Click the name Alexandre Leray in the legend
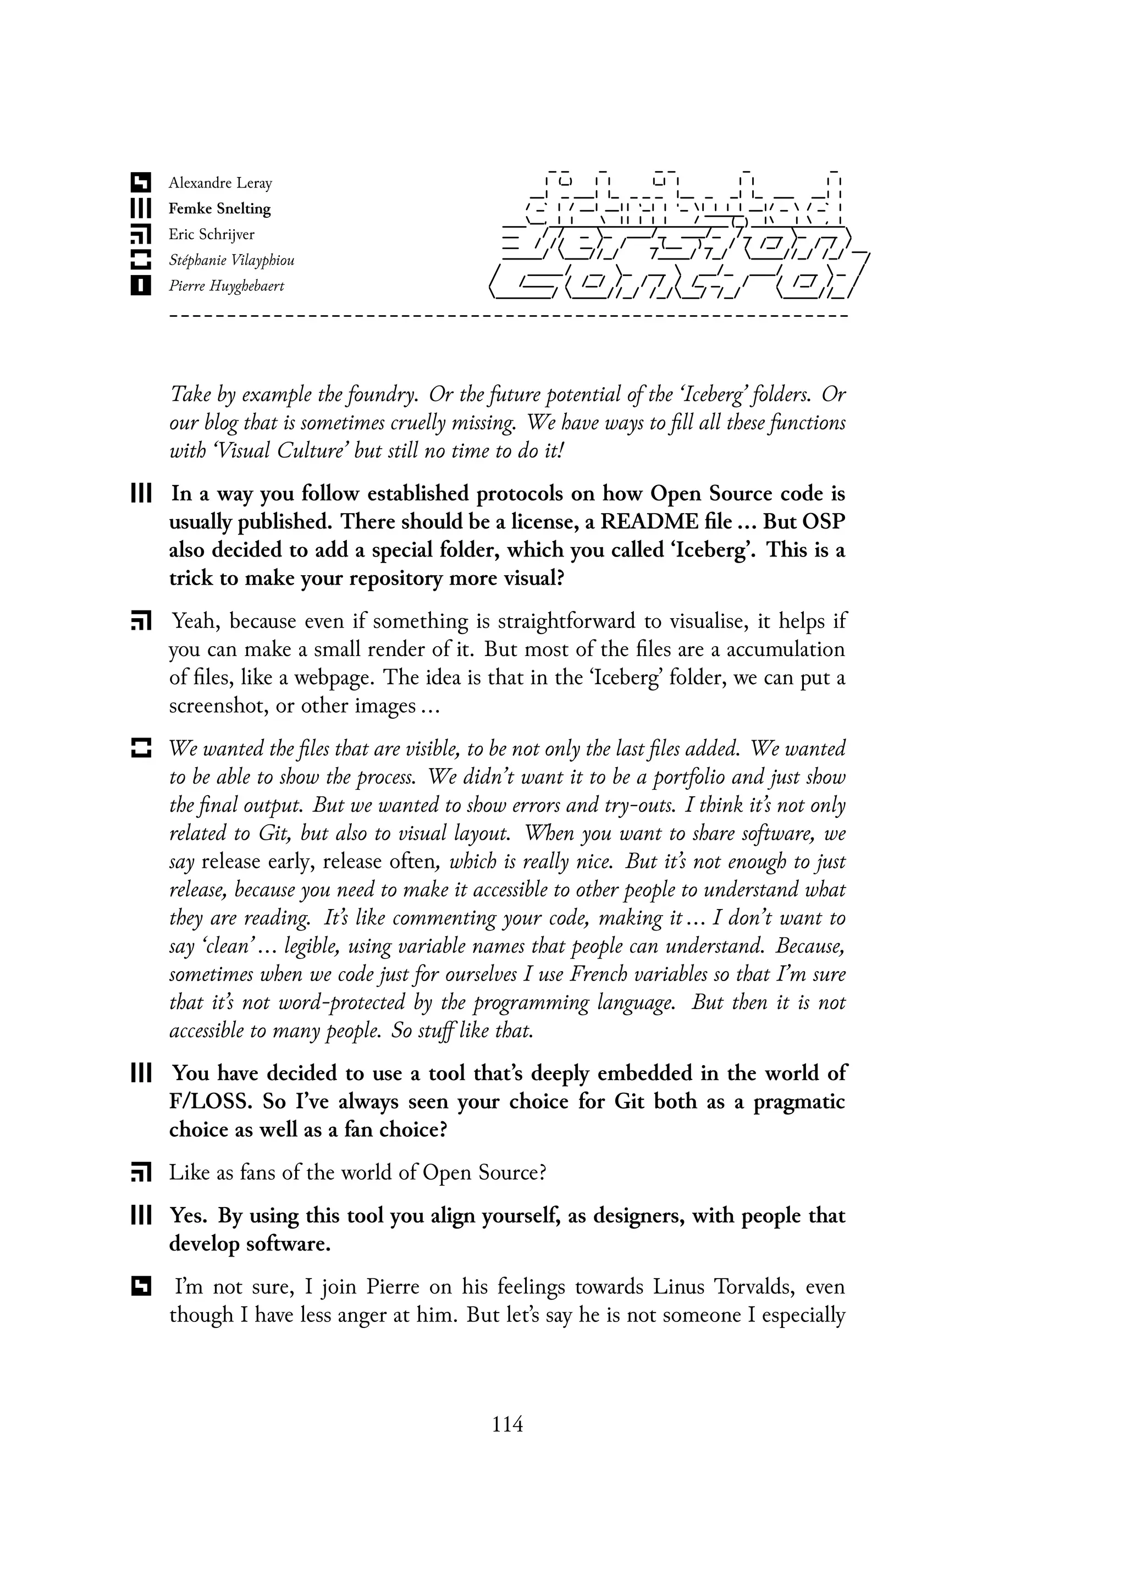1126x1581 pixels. (x=220, y=183)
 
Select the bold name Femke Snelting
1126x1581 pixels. (x=219, y=209)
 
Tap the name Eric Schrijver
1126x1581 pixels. (x=212, y=234)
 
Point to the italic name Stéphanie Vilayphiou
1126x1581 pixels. (x=231, y=261)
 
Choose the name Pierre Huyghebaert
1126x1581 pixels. (x=226, y=287)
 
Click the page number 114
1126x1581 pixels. (x=507, y=1425)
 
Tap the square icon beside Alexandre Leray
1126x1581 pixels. (x=141, y=183)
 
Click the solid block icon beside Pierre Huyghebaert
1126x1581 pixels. (x=141, y=286)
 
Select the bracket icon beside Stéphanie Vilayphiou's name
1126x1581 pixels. (x=141, y=260)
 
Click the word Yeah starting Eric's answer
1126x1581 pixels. (x=196, y=621)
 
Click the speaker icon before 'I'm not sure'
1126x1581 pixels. (x=141, y=1287)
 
